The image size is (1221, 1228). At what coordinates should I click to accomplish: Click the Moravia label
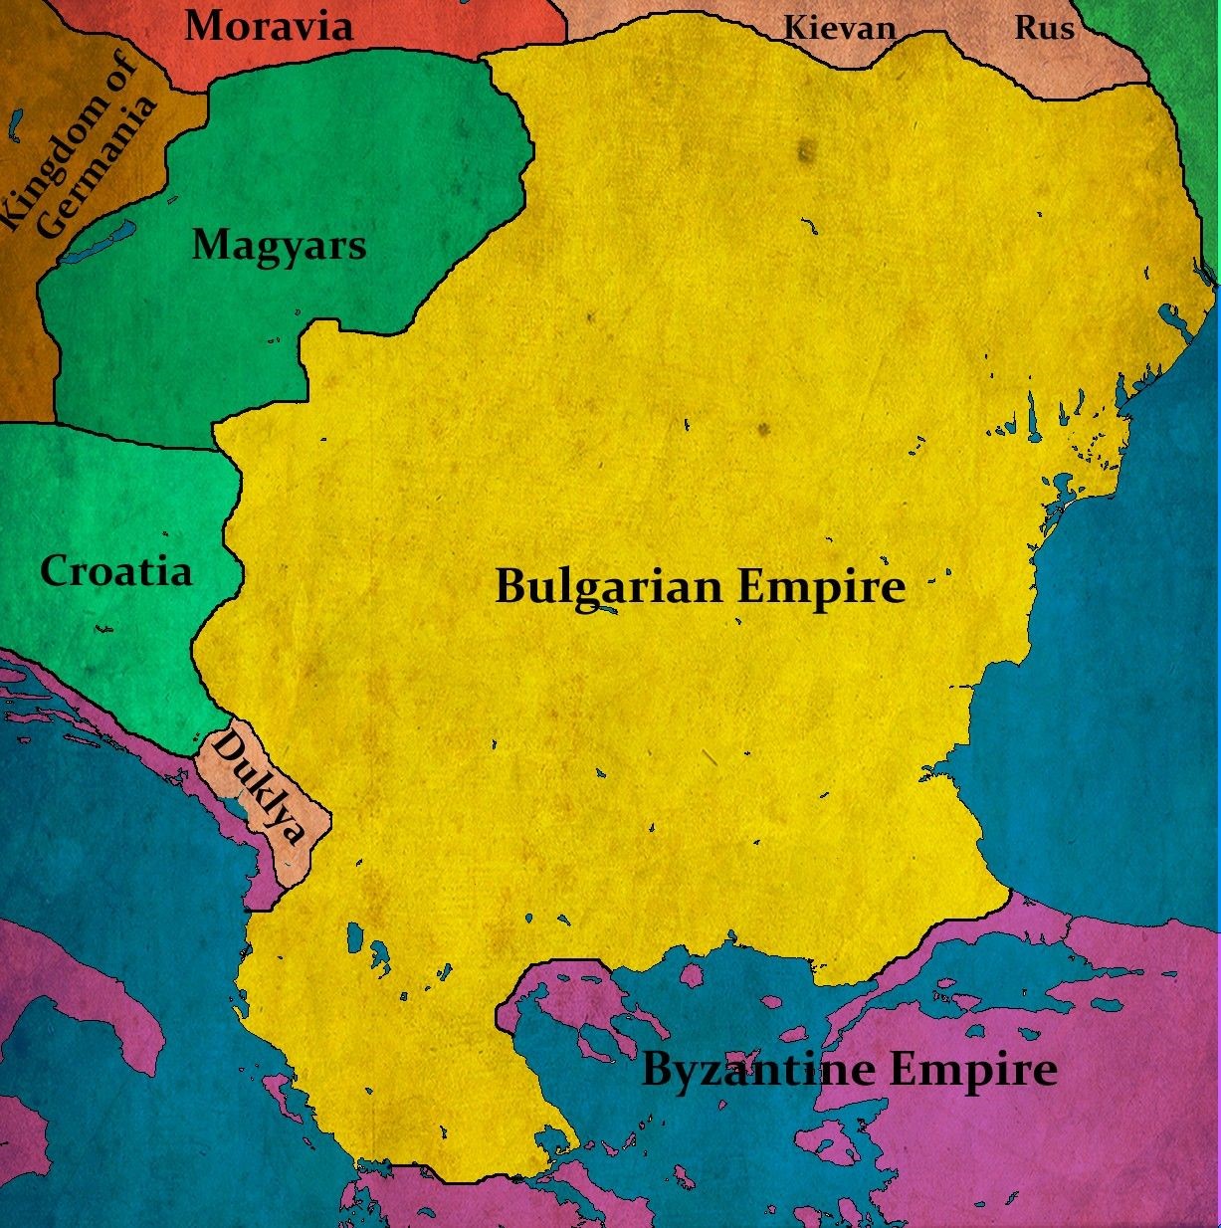click(269, 25)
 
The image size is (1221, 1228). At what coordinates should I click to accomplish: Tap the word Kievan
click(839, 28)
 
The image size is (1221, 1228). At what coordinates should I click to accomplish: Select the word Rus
click(1044, 28)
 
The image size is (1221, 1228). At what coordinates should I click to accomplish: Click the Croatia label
click(115, 571)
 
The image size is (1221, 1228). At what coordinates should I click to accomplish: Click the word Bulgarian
click(608, 587)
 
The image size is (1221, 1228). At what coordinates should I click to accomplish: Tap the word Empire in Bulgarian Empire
click(821, 587)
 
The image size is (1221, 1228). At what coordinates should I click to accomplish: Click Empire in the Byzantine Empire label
click(972, 1072)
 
